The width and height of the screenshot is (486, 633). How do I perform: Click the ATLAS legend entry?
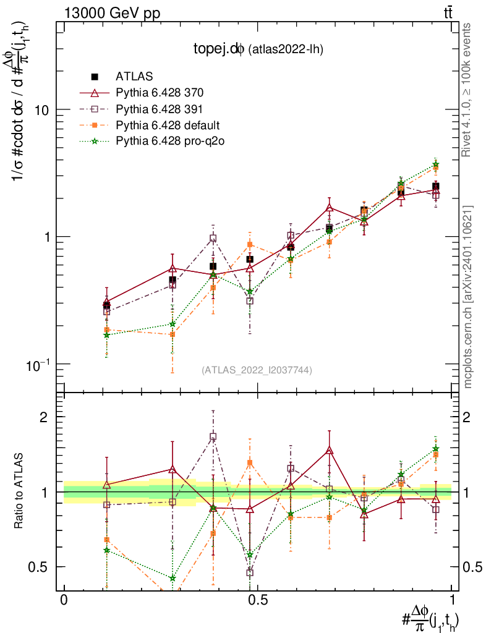pos(134,77)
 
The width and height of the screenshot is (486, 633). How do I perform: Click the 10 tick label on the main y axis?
pos(41,110)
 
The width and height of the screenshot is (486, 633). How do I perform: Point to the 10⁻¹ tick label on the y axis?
pos(38,363)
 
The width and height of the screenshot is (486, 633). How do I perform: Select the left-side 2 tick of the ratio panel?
pos(44,417)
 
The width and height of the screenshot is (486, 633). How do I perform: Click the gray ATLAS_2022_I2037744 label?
pos(257,370)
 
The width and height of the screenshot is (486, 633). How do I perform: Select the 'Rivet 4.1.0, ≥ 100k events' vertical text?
pos(468,90)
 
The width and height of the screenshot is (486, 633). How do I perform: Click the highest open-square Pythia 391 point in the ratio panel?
pos(213,437)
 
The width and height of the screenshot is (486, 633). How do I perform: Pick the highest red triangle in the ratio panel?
pos(329,451)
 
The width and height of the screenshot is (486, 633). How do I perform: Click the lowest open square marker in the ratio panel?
pos(250,573)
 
